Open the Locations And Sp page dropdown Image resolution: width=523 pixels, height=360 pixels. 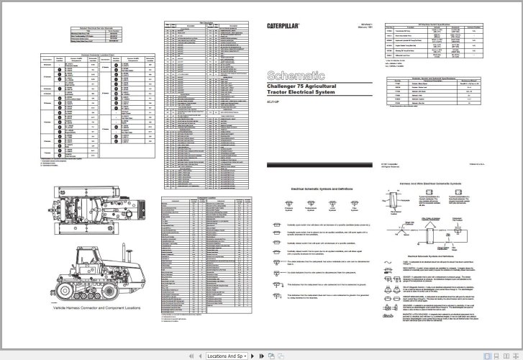coord(225,356)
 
